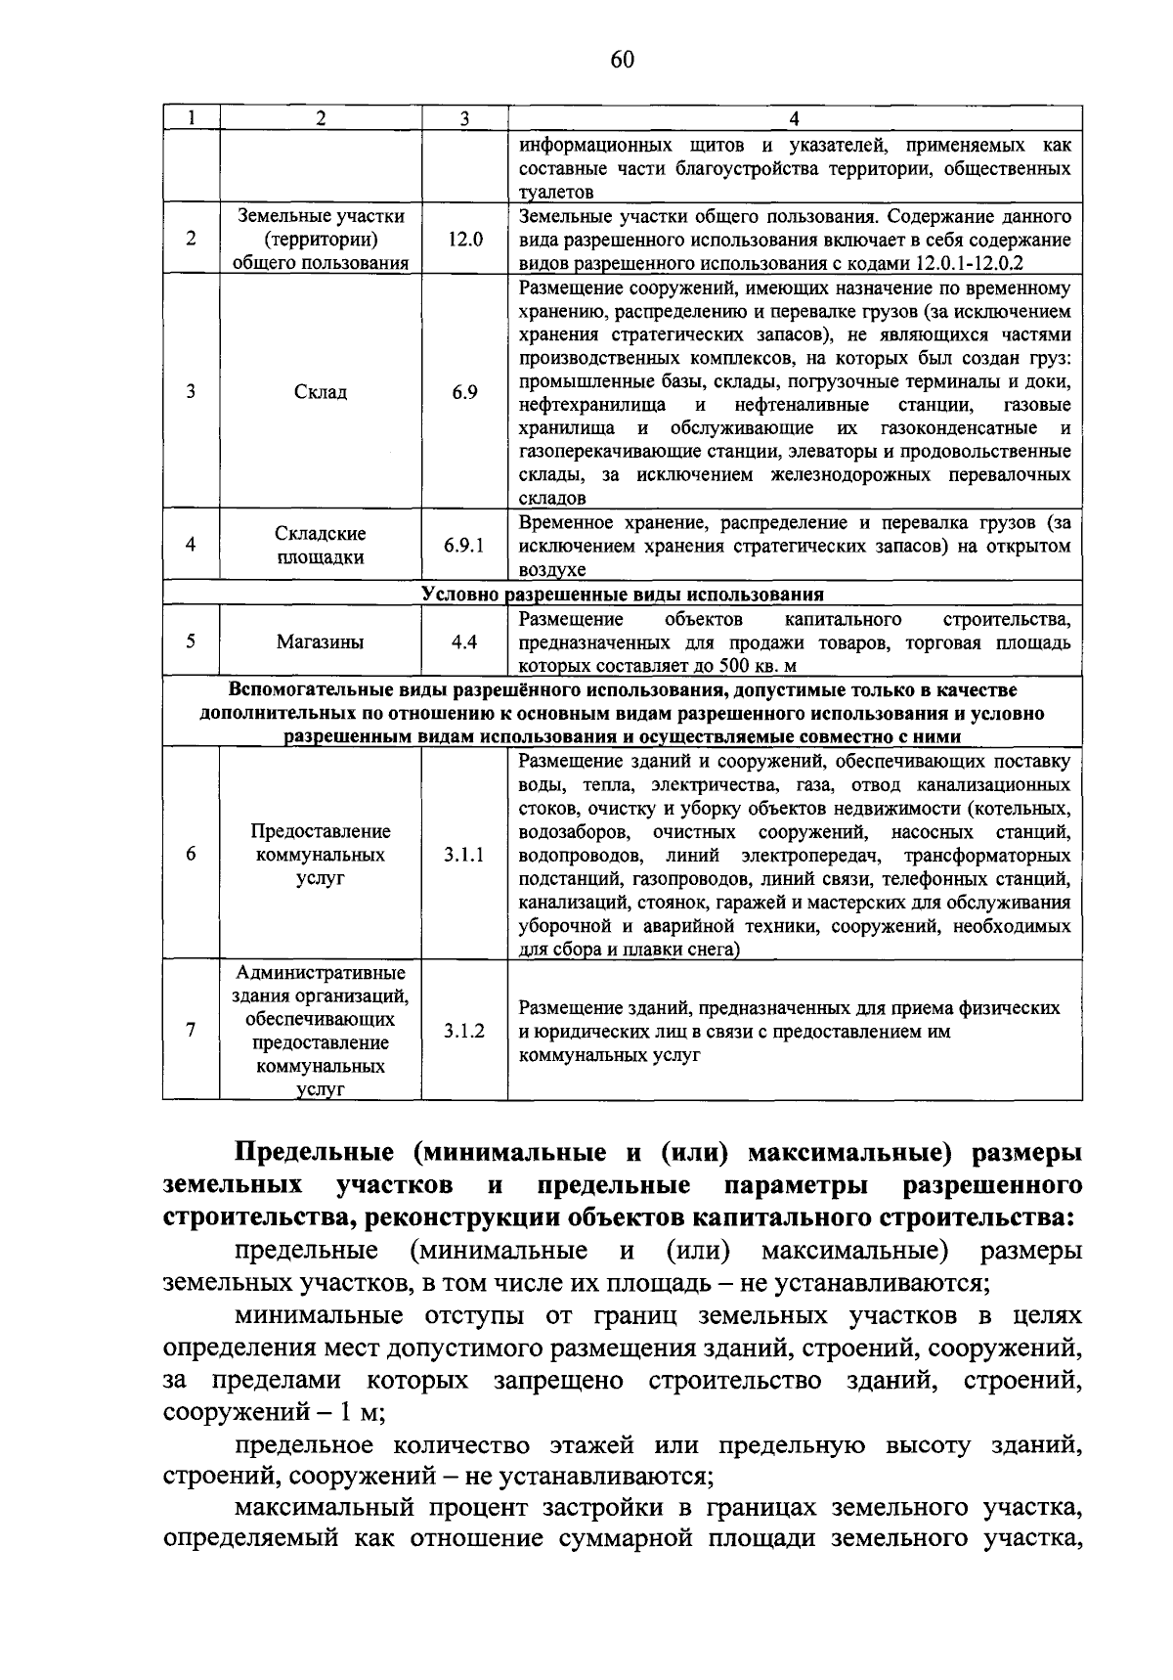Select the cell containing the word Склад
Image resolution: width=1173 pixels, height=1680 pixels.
pos(321,392)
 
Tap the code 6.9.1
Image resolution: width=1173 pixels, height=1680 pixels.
pos(464,546)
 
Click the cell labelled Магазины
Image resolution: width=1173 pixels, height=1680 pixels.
pos(321,642)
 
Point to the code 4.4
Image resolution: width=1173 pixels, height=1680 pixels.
pos(464,642)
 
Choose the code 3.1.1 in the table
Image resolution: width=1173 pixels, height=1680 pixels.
pos(464,855)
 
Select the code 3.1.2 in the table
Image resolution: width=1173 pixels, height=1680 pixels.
pos(464,1031)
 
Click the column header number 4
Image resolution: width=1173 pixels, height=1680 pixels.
pos(794,118)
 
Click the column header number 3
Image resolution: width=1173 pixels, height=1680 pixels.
pos(464,118)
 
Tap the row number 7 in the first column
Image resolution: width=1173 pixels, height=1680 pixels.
pos(191,1031)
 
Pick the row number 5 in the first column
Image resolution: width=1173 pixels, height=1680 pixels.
pos(191,642)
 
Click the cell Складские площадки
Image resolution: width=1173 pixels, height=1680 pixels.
pos(321,546)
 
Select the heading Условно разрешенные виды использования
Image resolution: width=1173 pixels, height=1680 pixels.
pos(622,595)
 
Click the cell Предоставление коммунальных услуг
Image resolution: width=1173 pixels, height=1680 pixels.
pos(321,855)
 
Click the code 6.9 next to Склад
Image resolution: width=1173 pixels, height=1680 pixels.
pos(464,392)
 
